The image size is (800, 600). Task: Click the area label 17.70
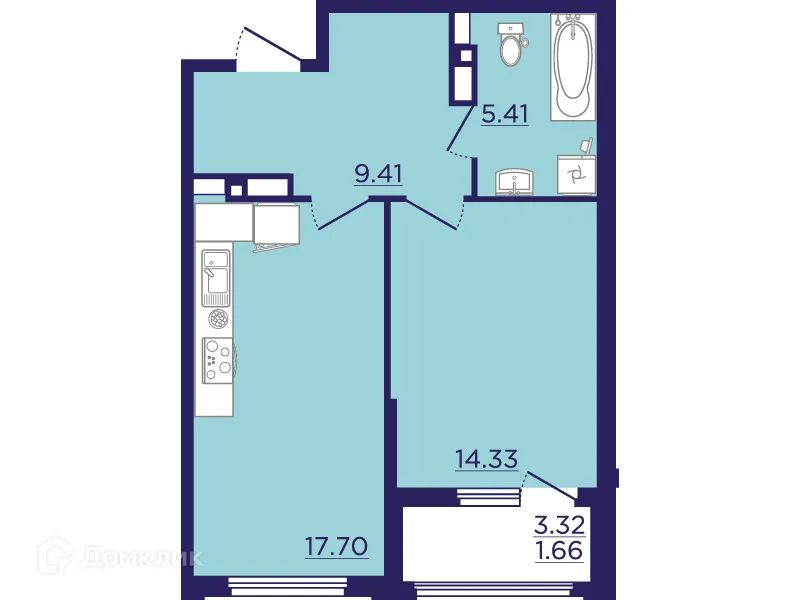(337, 546)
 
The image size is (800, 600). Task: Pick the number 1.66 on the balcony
(559, 549)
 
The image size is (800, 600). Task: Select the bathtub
(573, 65)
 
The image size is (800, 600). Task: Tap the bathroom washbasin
(517, 182)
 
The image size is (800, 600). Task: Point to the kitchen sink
(216, 277)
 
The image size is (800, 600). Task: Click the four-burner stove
(217, 358)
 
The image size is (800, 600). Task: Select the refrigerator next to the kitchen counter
(277, 225)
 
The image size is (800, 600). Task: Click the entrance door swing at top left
(268, 50)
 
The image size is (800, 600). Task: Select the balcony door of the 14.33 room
(551, 484)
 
